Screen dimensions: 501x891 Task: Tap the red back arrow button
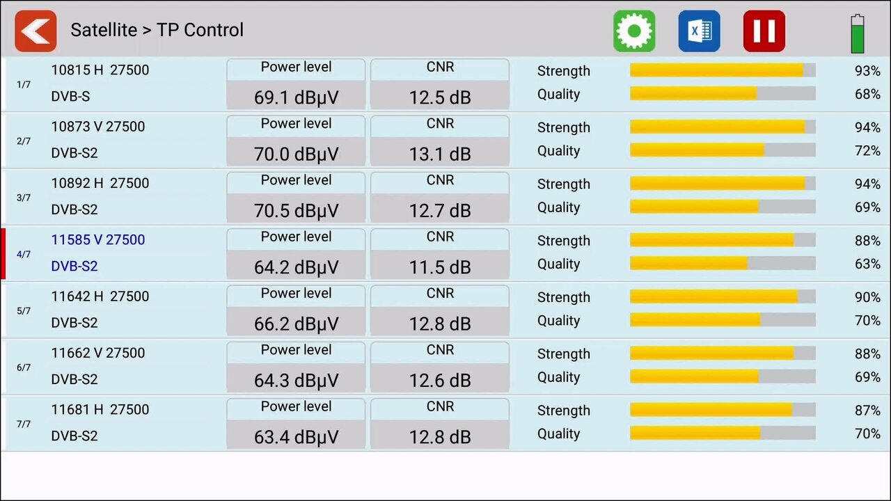coord(36,31)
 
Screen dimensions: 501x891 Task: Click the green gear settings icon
coord(634,31)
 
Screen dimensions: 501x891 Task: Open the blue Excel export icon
coord(699,31)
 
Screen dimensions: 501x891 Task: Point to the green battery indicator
coord(858,33)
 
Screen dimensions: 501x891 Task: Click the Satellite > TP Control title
coord(157,30)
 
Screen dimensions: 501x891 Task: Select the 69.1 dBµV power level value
coord(296,97)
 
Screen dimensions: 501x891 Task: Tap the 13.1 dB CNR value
coord(440,154)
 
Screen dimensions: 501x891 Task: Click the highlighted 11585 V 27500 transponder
coord(98,240)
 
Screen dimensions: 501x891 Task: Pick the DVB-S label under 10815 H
coord(70,97)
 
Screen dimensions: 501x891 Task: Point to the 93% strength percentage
coord(867,71)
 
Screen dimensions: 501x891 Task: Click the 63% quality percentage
coord(867,264)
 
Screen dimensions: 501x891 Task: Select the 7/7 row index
coord(24,424)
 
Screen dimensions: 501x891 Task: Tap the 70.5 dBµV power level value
coord(296,210)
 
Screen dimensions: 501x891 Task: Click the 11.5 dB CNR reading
coord(440,267)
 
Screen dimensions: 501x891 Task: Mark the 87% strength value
coord(867,411)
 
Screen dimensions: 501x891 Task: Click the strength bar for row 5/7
coord(723,296)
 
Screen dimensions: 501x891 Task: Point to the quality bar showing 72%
coord(723,150)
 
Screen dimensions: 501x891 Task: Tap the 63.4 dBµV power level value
coord(296,437)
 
